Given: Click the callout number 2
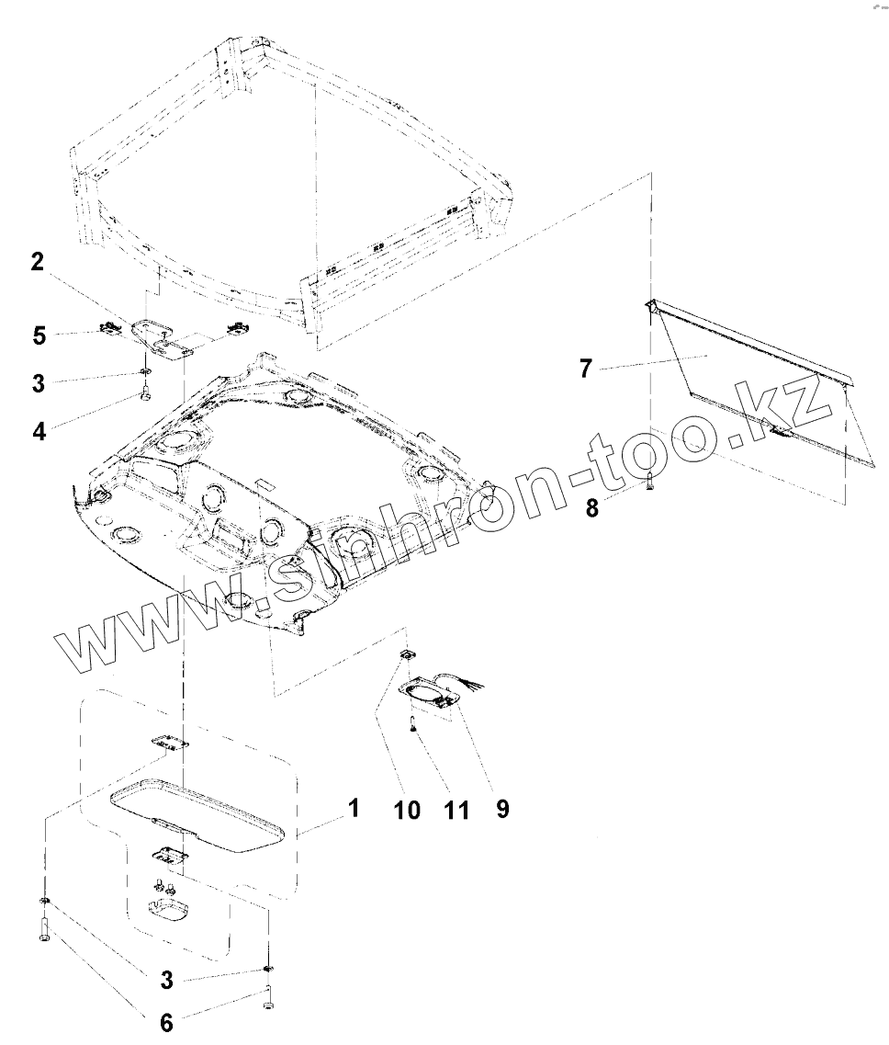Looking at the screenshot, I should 37,262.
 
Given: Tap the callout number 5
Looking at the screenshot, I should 39,335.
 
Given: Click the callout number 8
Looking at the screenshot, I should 592,506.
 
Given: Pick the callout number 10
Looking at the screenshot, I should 408,809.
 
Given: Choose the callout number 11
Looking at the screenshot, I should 456,809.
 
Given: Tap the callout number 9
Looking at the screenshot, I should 501,807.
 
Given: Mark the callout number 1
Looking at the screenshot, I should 354,809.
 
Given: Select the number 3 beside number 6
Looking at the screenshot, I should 166,980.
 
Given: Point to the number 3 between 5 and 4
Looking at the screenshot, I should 38,383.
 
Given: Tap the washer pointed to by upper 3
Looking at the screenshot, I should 145,372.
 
